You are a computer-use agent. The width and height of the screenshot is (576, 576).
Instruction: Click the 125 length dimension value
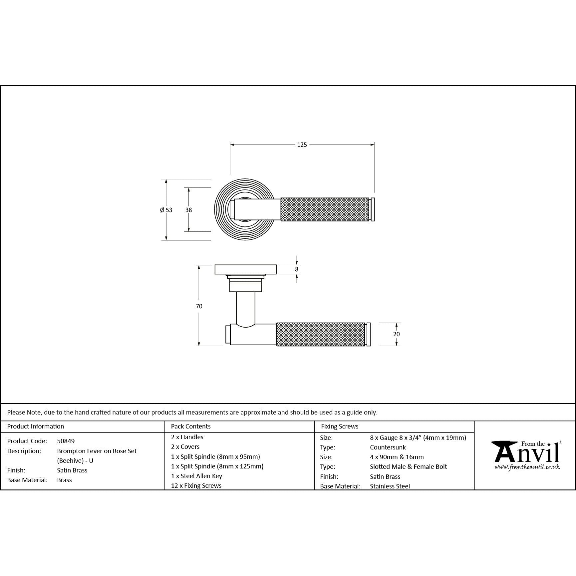302,145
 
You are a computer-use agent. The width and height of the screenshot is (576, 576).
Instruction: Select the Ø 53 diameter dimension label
166,210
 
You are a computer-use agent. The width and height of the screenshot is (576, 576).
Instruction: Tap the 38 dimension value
189,210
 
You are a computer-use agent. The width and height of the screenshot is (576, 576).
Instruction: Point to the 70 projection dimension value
199,306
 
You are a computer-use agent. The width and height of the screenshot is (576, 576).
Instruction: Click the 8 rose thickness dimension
297,269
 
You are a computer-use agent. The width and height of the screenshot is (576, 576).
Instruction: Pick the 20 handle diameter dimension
396,334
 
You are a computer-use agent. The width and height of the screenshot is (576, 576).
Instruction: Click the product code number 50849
66,441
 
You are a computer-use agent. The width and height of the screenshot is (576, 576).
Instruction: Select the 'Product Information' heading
36,427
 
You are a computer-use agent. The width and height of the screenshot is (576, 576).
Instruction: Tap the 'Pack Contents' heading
191,427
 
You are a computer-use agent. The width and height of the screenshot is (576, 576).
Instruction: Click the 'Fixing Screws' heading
340,427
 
